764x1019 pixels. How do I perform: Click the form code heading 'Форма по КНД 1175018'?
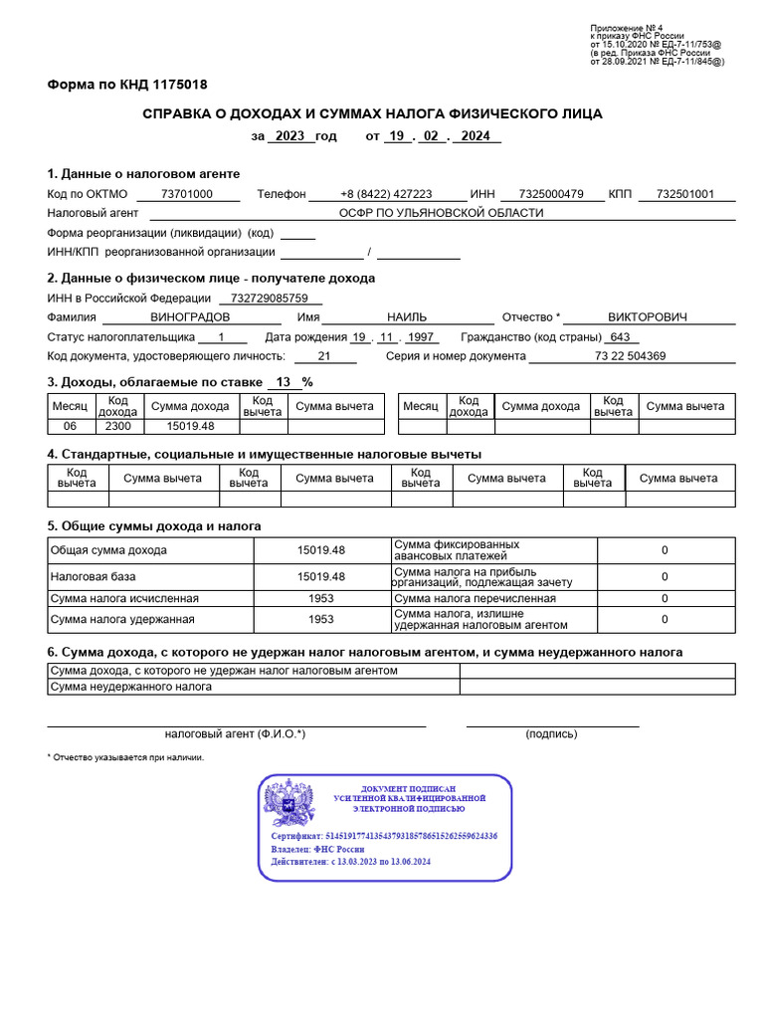[x=127, y=85]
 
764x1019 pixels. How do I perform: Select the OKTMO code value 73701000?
[x=186, y=194]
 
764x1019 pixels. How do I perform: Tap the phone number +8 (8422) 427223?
[x=386, y=194]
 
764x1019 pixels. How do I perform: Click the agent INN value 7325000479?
[x=550, y=194]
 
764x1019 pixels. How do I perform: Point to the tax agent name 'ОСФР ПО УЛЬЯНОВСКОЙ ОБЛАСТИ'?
[x=442, y=213]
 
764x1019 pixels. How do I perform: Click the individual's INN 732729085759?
[x=270, y=299]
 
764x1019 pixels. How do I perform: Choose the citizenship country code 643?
[x=621, y=336]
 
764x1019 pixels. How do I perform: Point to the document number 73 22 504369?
[x=630, y=355]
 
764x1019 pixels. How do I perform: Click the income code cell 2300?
[x=117, y=426]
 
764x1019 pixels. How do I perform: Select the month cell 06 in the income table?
[x=70, y=426]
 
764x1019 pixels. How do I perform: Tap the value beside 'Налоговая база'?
[x=321, y=576]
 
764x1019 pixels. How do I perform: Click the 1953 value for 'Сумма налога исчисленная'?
[x=321, y=598]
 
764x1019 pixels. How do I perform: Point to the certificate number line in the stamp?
[x=384, y=837]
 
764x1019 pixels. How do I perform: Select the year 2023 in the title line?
[x=289, y=136]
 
